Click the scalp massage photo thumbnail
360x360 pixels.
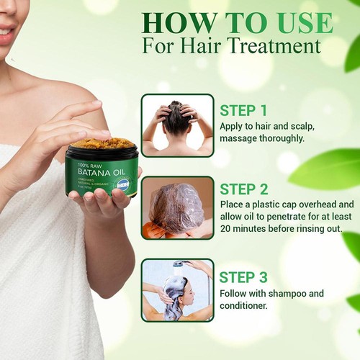pyautogui.click(x=177, y=125)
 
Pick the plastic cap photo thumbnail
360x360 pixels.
pyautogui.click(x=177, y=207)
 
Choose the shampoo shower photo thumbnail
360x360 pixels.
pyautogui.click(x=177, y=290)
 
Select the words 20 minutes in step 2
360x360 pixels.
pyautogui.click(x=249, y=229)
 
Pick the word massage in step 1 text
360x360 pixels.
pyautogui.click(x=241, y=137)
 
